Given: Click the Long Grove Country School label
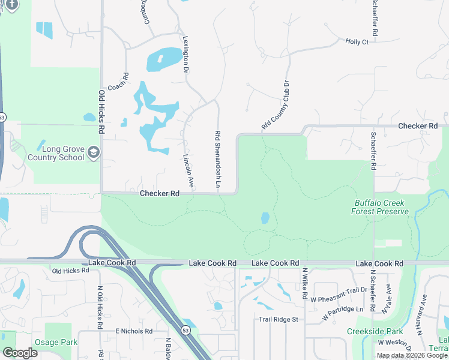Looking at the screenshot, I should pyautogui.click(x=56, y=152).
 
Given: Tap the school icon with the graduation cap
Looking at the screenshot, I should pyautogui.click(x=93, y=152).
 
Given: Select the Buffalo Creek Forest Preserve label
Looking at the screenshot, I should pyautogui.click(x=381, y=207).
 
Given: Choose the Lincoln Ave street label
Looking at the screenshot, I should pyautogui.click(x=187, y=171).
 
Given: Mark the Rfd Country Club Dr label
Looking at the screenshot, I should pyautogui.click(x=276, y=106).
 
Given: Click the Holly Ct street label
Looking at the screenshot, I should pyautogui.click(x=357, y=42).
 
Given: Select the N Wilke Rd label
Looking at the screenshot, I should pyautogui.click(x=305, y=283).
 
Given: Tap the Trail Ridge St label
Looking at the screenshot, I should pyautogui.click(x=278, y=319).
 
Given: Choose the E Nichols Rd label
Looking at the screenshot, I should pyautogui.click(x=134, y=331).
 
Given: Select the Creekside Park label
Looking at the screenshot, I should pyautogui.click(x=366, y=331).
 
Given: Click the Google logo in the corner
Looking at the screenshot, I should pyautogui.click(x=20, y=353).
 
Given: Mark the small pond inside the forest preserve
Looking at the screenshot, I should pyautogui.click(x=265, y=218).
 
